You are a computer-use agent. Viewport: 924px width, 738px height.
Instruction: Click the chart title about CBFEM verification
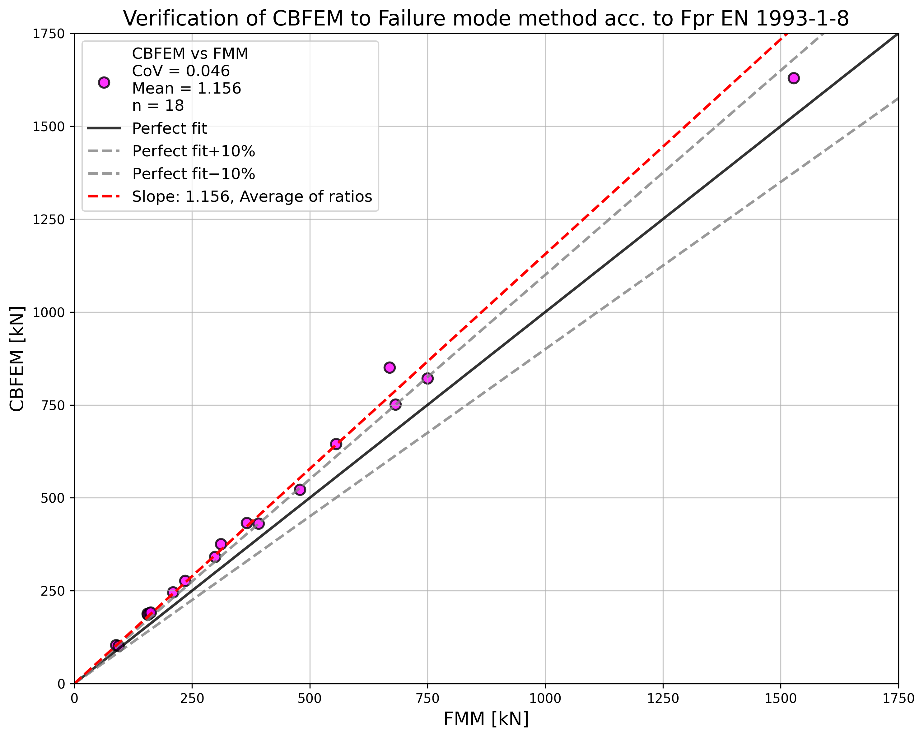[x=486, y=19]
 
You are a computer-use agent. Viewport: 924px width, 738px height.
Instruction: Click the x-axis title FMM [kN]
[x=486, y=719]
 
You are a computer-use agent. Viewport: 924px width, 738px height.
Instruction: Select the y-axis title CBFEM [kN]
[x=17, y=359]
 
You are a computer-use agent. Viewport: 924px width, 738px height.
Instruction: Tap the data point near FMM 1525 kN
[x=793, y=78]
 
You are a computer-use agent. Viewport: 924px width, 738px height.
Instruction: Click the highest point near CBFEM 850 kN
[x=390, y=367]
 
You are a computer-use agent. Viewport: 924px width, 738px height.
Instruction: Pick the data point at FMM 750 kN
[x=427, y=378]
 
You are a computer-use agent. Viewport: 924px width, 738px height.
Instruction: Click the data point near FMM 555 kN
[x=336, y=444]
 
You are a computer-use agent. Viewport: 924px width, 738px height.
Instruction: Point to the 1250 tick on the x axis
[x=663, y=699]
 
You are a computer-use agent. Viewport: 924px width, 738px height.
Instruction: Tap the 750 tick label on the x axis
[x=427, y=699]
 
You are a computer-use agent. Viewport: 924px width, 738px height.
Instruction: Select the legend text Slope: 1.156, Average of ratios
[x=252, y=196]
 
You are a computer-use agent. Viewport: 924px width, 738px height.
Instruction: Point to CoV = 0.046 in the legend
[x=180, y=71]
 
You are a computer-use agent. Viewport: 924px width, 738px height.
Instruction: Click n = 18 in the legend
[x=158, y=105]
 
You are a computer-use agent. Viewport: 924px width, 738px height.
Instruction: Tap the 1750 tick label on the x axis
[x=898, y=699]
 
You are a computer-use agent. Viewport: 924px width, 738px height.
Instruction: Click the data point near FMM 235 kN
[x=185, y=581]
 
